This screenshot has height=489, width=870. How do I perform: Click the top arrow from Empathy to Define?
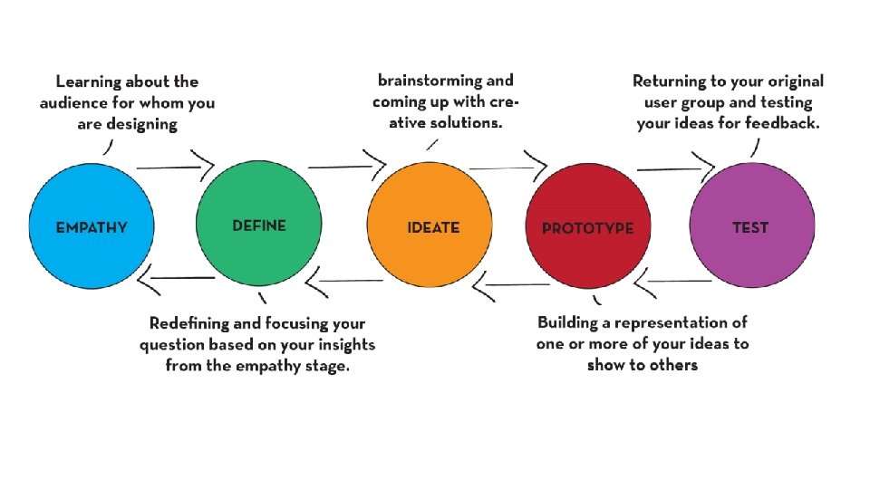tap(175, 168)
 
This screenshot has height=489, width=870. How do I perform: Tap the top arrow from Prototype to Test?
tap(675, 168)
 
